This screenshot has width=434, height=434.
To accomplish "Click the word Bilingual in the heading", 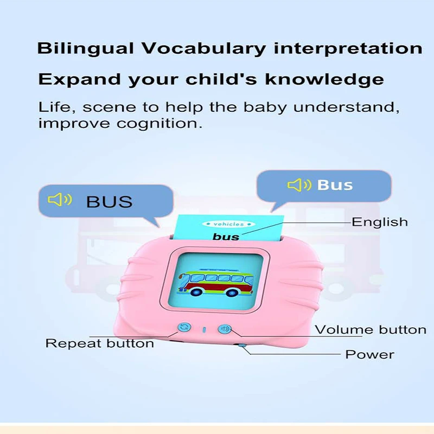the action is tap(85, 49).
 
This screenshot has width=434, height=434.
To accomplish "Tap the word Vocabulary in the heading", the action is tap(203, 49).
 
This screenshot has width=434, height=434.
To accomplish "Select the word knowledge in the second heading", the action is tap(324, 79).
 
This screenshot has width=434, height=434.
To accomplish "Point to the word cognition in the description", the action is tap(159, 124).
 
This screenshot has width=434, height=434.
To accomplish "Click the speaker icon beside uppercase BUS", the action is tap(60, 200).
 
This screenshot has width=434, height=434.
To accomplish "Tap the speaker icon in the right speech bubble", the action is tap(299, 185).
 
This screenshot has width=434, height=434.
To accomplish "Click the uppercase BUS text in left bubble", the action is tap(110, 202).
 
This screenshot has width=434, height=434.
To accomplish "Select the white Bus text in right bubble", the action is tap(335, 185).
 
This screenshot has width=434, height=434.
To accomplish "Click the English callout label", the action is tap(380, 222).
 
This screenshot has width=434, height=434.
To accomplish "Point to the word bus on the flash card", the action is tap(226, 237).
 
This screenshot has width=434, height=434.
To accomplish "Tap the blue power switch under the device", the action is tap(242, 345).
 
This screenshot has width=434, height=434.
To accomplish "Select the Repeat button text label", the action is tap(100, 343).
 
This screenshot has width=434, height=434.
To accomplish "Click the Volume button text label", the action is tap(371, 330).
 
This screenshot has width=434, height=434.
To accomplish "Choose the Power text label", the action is tap(370, 355).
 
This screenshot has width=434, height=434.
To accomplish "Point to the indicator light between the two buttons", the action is tap(205, 330).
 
